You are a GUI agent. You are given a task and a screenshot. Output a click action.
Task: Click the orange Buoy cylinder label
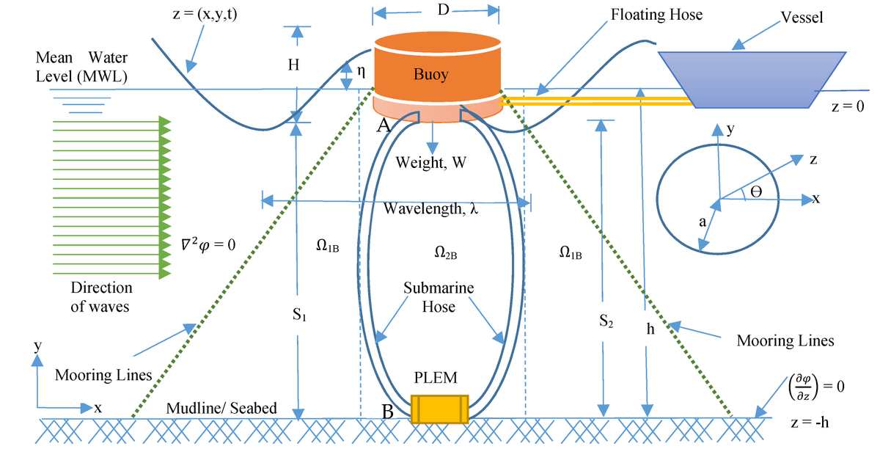[x=430, y=75]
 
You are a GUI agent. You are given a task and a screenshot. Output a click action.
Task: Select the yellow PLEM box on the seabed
[x=439, y=409]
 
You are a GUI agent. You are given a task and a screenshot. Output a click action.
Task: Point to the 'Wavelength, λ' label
[x=431, y=208]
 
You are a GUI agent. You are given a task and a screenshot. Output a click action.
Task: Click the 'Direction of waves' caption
[x=101, y=297]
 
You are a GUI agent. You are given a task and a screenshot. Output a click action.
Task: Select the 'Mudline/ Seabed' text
[x=221, y=408]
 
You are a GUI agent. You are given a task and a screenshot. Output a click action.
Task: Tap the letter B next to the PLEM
[x=388, y=412]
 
